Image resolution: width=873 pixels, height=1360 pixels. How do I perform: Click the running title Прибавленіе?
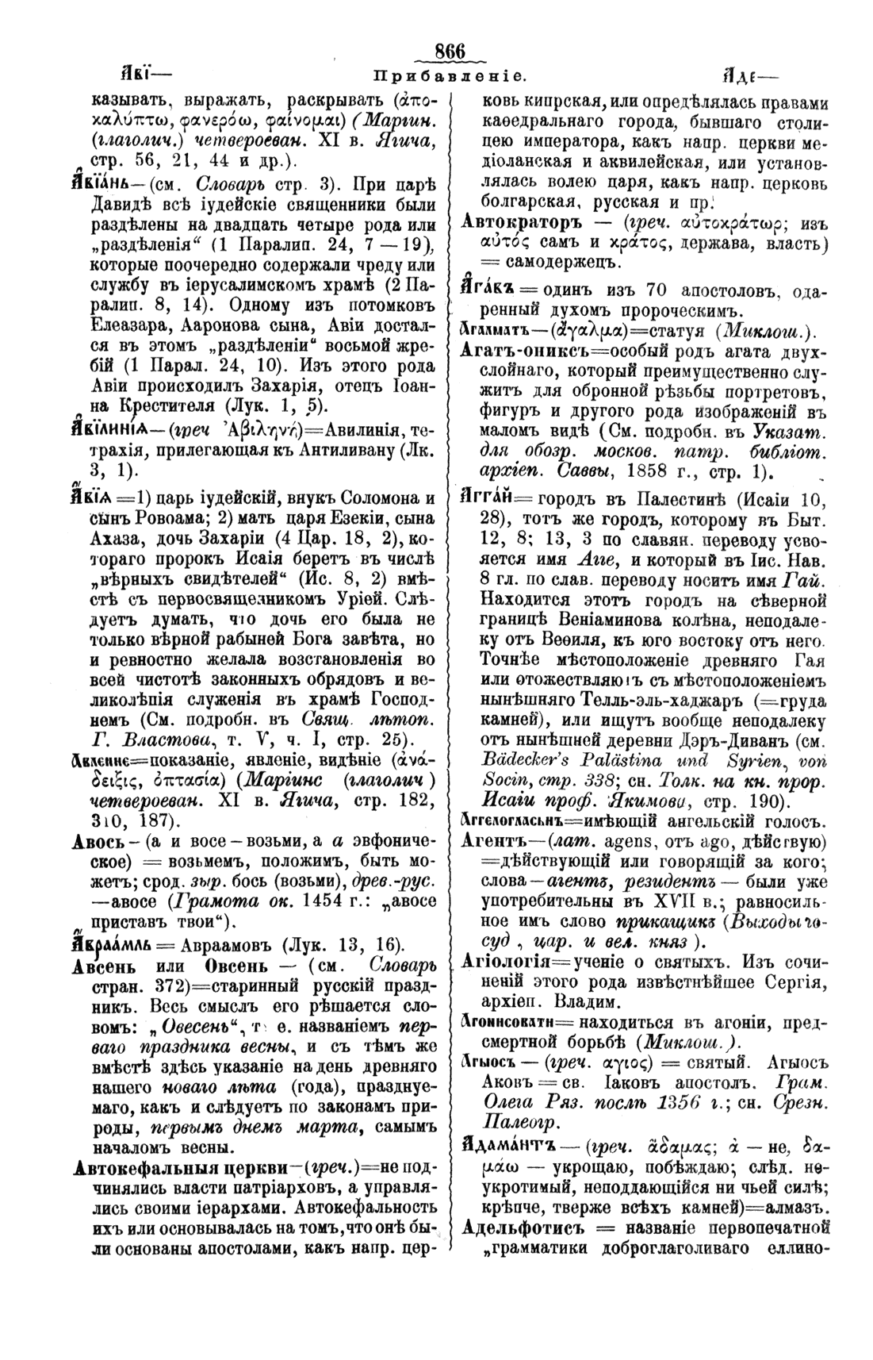tap(447, 78)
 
